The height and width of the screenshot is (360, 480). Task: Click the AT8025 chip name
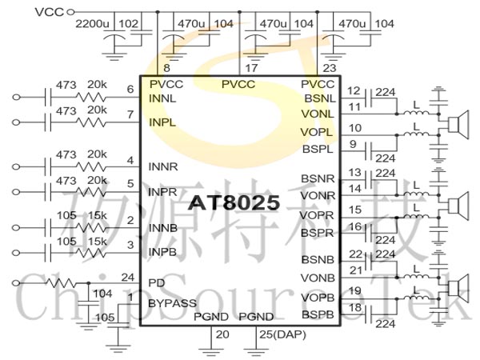pyautogui.click(x=234, y=202)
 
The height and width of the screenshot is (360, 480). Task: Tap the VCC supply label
pyautogui.click(x=50, y=12)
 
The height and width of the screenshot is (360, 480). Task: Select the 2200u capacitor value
pyautogui.click(x=92, y=23)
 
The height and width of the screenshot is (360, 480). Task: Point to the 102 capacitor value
pyautogui.click(x=128, y=23)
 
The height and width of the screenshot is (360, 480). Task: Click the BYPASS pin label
pyautogui.click(x=172, y=303)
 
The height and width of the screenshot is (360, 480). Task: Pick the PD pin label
pyautogui.click(x=157, y=283)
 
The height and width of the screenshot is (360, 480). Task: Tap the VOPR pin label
pyautogui.click(x=317, y=215)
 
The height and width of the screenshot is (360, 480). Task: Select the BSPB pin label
pyautogui.click(x=318, y=314)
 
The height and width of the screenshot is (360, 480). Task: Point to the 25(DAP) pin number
pyautogui.click(x=282, y=334)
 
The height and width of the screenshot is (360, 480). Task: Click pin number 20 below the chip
pyautogui.click(x=222, y=334)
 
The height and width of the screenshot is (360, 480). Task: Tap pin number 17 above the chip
pyautogui.click(x=251, y=68)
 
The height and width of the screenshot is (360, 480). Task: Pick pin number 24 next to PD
pyautogui.click(x=128, y=278)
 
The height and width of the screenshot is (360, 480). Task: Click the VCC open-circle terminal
pyautogui.click(x=70, y=12)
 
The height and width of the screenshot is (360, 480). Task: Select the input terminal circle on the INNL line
pyautogui.click(x=16, y=97)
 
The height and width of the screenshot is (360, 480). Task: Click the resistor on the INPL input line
pyautogui.click(x=91, y=122)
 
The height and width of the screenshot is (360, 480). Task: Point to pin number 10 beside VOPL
pyautogui.click(x=355, y=128)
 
